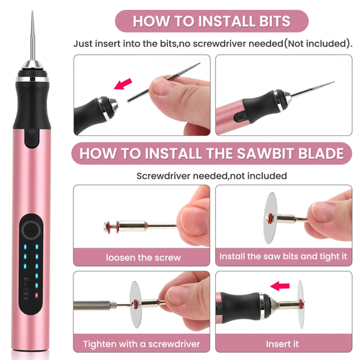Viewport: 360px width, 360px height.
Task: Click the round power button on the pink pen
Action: pos(31,230)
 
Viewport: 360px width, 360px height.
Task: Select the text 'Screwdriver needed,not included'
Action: pos(212,175)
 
